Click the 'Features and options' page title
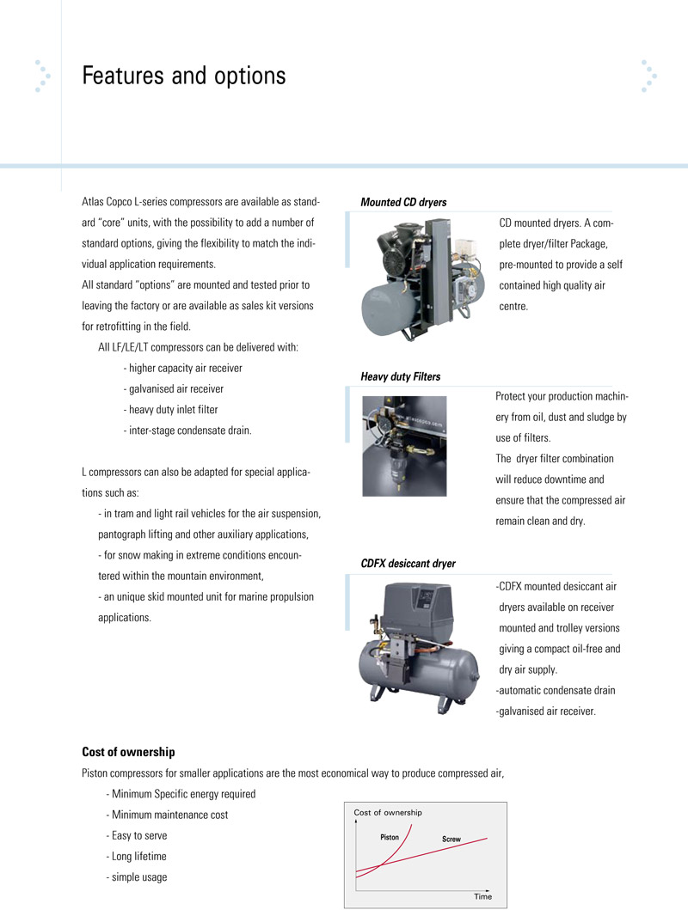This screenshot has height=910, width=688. (183, 76)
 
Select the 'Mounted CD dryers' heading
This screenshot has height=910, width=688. (403, 203)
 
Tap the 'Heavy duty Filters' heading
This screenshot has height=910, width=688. (400, 376)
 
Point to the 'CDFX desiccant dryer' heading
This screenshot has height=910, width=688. (408, 564)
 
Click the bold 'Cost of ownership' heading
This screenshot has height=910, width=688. (128, 752)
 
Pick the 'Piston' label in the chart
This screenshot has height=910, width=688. (390, 836)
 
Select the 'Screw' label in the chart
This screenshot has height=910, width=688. (451, 839)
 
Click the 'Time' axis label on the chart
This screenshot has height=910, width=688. (482, 896)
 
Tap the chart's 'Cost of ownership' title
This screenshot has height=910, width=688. (388, 812)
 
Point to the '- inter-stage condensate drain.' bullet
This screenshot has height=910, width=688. (187, 430)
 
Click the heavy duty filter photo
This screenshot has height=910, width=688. (403, 445)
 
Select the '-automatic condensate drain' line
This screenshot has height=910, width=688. (556, 690)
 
